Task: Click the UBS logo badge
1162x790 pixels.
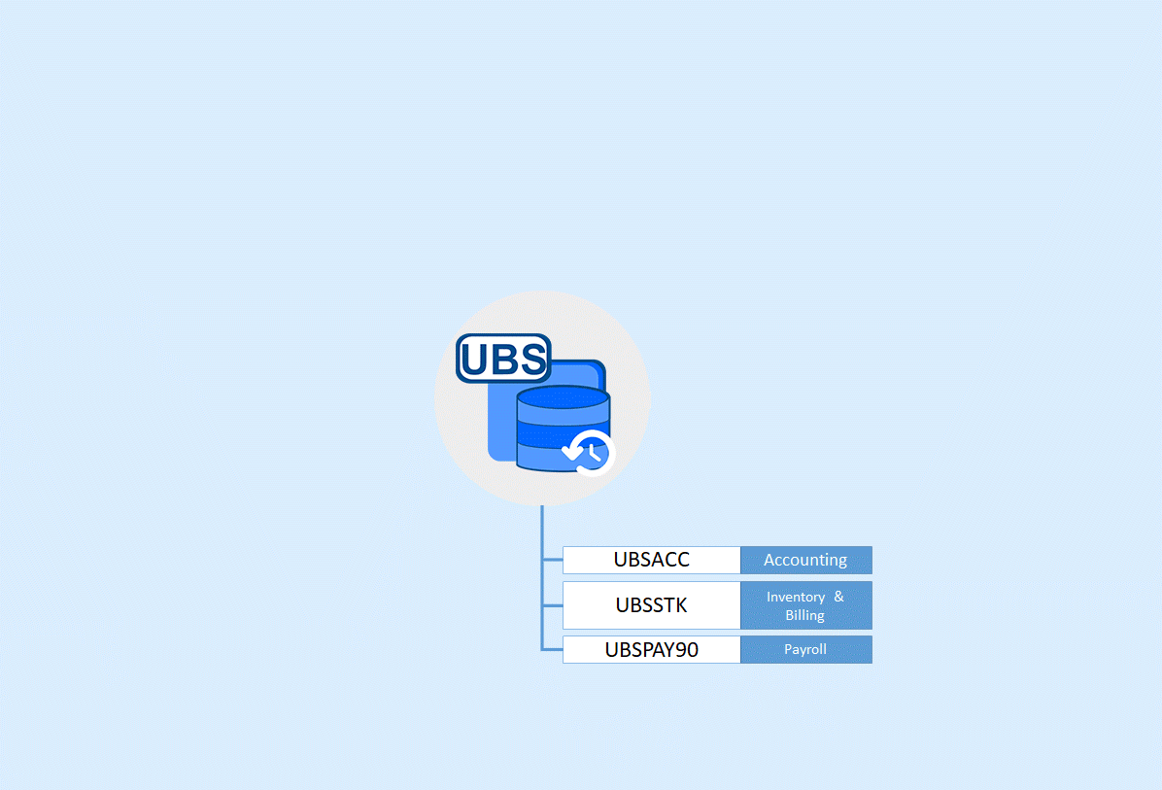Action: click(503, 358)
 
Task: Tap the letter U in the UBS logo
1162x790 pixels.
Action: click(476, 360)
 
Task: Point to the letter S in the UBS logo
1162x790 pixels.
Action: click(531, 360)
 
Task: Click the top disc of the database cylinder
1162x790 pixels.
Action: click(564, 398)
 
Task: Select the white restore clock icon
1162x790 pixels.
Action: click(589, 451)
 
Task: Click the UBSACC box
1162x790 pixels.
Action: click(651, 560)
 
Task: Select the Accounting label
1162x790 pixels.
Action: click(805, 560)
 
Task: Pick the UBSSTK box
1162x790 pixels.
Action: click(651, 605)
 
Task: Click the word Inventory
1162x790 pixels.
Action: click(795, 597)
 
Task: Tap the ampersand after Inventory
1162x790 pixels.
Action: click(838, 597)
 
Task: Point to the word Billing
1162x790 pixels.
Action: click(804, 615)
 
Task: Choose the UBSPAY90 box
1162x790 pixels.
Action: click(651, 649)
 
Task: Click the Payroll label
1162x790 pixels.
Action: click(805, 649)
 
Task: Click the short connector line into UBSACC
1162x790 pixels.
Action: click(553, 560)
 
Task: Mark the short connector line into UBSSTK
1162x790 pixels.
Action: click(553, 605)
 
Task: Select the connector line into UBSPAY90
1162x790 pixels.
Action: click(553, 649)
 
